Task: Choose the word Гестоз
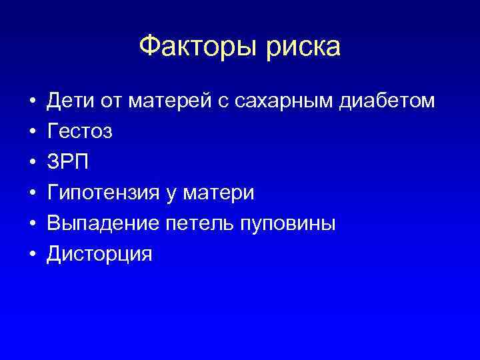tap(79, 131)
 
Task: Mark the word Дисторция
tap(99, 254)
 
